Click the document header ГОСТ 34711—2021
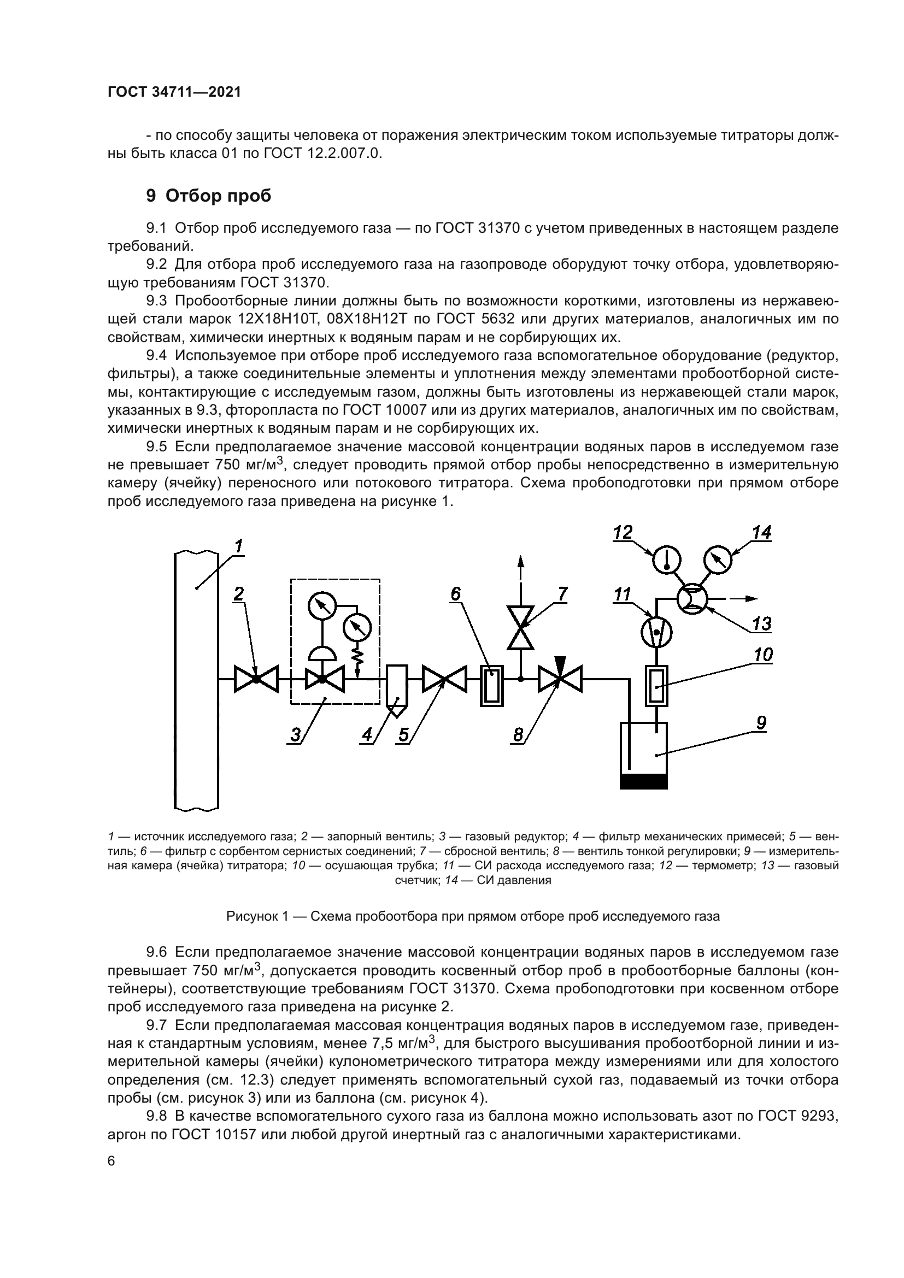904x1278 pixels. click(x=174, y=92)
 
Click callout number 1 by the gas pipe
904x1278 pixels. click(x=238, y=546)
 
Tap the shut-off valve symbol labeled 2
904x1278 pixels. click(x=256, y=679)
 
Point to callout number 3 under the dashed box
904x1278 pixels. click(x=296, y=735)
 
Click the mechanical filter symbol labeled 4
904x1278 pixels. click(x=397, y=690)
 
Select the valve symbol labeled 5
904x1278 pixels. click(x=444, y=679)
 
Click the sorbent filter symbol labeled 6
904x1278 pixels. click(x=491, y=686)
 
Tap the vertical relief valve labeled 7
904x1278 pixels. click(x=520, y=627)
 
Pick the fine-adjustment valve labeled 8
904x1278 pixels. click(x=560, y=679)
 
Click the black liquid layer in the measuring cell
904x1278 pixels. click(x=643, y=781)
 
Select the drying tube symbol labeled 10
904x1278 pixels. click(x=657, y=686)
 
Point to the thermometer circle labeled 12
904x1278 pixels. click(x=666, y=559)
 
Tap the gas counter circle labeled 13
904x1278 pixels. click(x=692, y=599)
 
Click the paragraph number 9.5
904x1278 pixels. click(x=156, y=446)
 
